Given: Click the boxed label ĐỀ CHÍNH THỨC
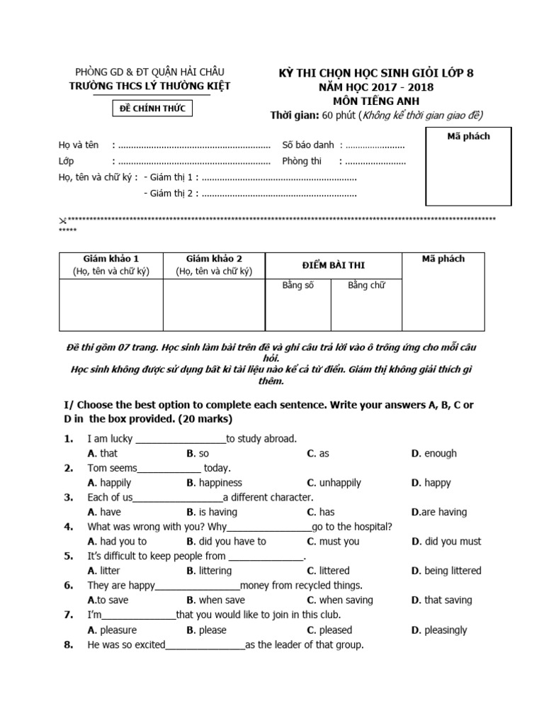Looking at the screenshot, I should (154, 108).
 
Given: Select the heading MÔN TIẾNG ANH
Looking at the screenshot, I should (376, 101).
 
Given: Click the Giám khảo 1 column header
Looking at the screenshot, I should (110, 264).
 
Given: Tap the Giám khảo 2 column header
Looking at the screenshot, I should (214, 264).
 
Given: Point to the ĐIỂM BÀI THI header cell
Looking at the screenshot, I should (332, 265).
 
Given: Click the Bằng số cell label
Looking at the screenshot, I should (297, 286).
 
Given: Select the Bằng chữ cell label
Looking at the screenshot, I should (366, 286).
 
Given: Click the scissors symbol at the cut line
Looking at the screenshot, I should (62, 220).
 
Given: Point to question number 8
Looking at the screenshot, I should (69, 644).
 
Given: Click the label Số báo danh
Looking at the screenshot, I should (308, 145).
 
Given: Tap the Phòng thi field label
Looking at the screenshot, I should (302, 161).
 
